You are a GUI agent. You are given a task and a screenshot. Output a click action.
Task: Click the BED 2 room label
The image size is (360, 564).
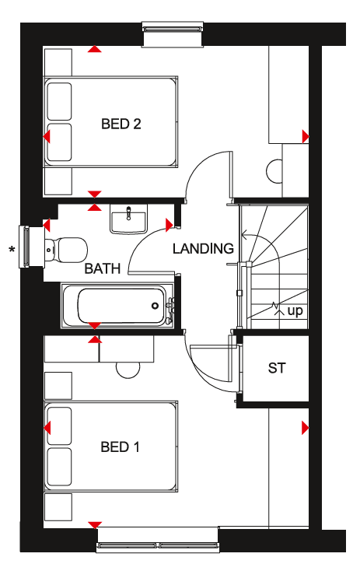click(x=121, y=124)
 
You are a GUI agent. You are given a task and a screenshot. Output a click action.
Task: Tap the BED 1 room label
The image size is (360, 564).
click(x=120, y=447)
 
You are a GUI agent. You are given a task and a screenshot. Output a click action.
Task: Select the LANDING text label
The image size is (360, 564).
click(x=203, y=248)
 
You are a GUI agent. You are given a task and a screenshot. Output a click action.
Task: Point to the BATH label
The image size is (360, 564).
click(x=103, y=268)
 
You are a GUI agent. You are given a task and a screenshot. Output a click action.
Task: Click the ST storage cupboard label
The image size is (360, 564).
click(x=277, y=368)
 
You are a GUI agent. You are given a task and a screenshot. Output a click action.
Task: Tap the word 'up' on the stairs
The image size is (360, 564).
click(x=295, y=311)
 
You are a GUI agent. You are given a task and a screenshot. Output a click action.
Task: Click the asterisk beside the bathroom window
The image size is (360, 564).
click(x=12, y=249)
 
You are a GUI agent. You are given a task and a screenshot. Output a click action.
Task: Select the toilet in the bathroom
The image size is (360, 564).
click(x=66, y=250)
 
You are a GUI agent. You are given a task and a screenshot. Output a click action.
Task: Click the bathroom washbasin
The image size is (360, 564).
click(x=129, y=219)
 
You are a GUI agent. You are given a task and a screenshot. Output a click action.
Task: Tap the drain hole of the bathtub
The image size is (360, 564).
click(x=155, y=306)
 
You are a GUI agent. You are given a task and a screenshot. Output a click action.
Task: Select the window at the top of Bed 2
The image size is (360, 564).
click(x=173, y=34)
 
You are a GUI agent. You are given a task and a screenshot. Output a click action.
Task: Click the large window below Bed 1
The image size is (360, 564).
click(x=158, y=540)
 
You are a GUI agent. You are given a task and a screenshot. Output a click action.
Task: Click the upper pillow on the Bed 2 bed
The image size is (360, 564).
click(x=59, y=101)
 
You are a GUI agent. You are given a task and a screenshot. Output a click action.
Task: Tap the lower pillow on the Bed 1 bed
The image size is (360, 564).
click(x=59, y=467)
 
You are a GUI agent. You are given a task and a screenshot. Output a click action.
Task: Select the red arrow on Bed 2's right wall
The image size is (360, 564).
click(x=306, y=137)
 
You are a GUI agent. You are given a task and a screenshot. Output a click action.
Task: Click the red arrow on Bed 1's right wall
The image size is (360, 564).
click(x=306, y=428)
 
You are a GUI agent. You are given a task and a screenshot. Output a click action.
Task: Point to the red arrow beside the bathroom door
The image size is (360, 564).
click(x=170, y=225)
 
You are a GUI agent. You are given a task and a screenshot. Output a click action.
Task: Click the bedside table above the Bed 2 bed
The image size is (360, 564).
click(x=58, y=61)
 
